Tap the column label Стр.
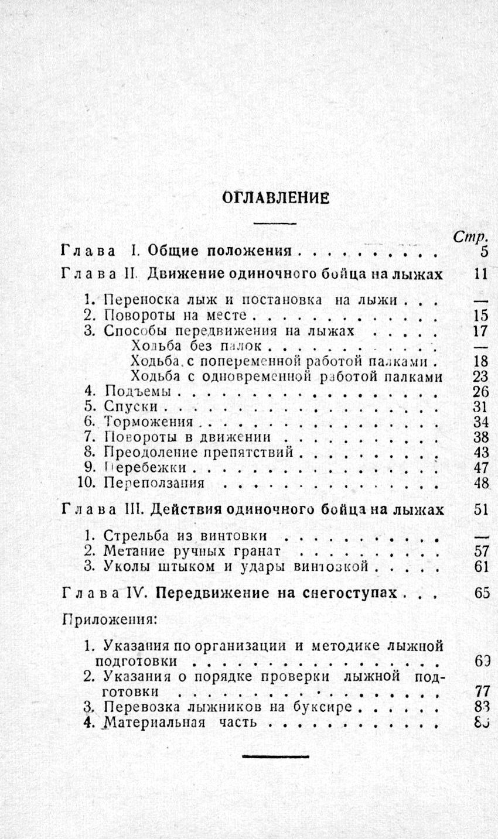472,237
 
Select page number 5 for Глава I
484,252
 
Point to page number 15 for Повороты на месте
480,316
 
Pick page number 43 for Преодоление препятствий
480,453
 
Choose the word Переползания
154,483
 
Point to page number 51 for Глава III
480,509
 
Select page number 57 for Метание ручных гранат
480,551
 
